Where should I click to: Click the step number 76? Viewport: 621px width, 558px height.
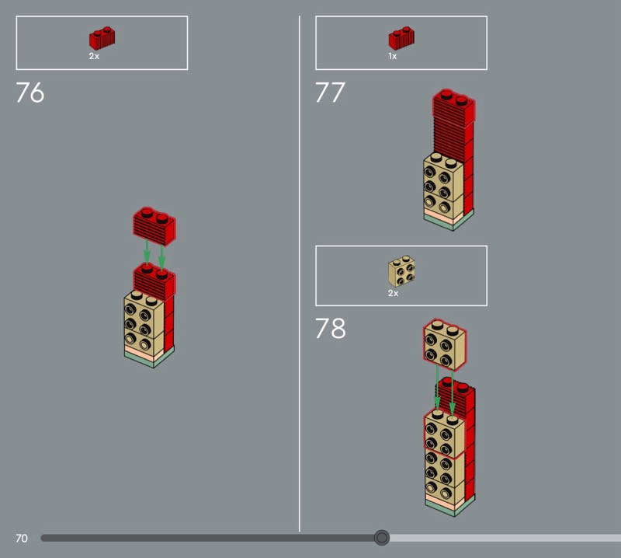coord(29,92)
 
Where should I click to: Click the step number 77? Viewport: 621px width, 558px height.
coord(330,92)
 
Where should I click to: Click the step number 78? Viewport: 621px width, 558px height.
coord(331,328)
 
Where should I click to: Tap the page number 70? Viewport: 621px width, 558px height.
coord(22,538)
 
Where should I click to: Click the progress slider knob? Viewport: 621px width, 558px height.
coord(382,537)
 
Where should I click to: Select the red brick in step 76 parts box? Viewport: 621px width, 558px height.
coord(102,38)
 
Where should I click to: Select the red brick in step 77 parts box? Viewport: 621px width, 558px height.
coord(401,38)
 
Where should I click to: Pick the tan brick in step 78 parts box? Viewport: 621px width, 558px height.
coord(401,271)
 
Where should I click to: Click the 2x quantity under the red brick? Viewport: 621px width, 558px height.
coord(94,56)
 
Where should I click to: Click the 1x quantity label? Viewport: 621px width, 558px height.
coord(393,56)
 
